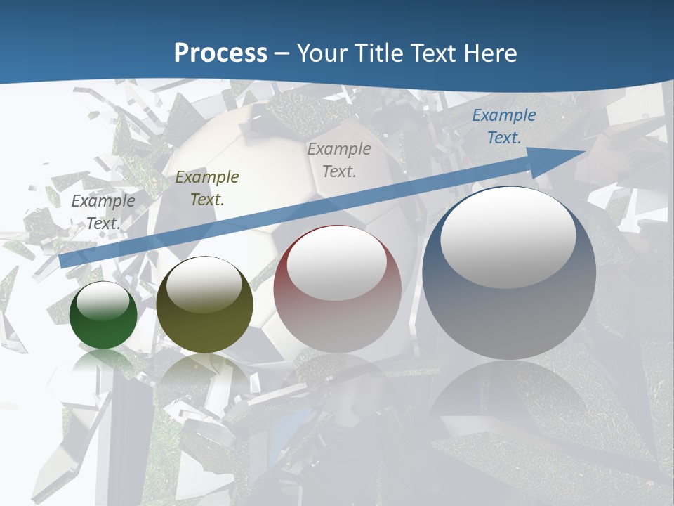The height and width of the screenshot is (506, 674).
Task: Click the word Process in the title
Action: [220, 53]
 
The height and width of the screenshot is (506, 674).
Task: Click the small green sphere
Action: [103, 316]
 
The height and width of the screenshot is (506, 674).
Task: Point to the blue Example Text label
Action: [503, 126]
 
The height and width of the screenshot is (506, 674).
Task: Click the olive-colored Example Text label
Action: [207, 188]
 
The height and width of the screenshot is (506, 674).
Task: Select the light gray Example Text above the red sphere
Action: [339, 160]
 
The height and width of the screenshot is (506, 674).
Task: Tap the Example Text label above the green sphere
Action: [103, 212]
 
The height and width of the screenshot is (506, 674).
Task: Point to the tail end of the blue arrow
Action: [63, 261]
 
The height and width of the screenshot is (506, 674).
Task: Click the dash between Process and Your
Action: [282, 53]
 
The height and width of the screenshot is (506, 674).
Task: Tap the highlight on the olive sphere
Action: [204, 284]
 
